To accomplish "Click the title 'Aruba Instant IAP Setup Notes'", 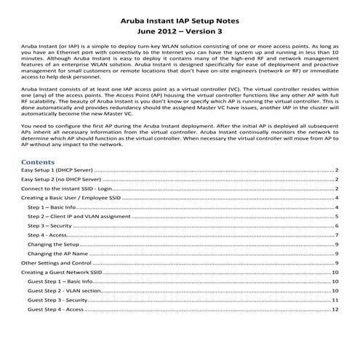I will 180,9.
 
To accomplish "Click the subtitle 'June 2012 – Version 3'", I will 180,23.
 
